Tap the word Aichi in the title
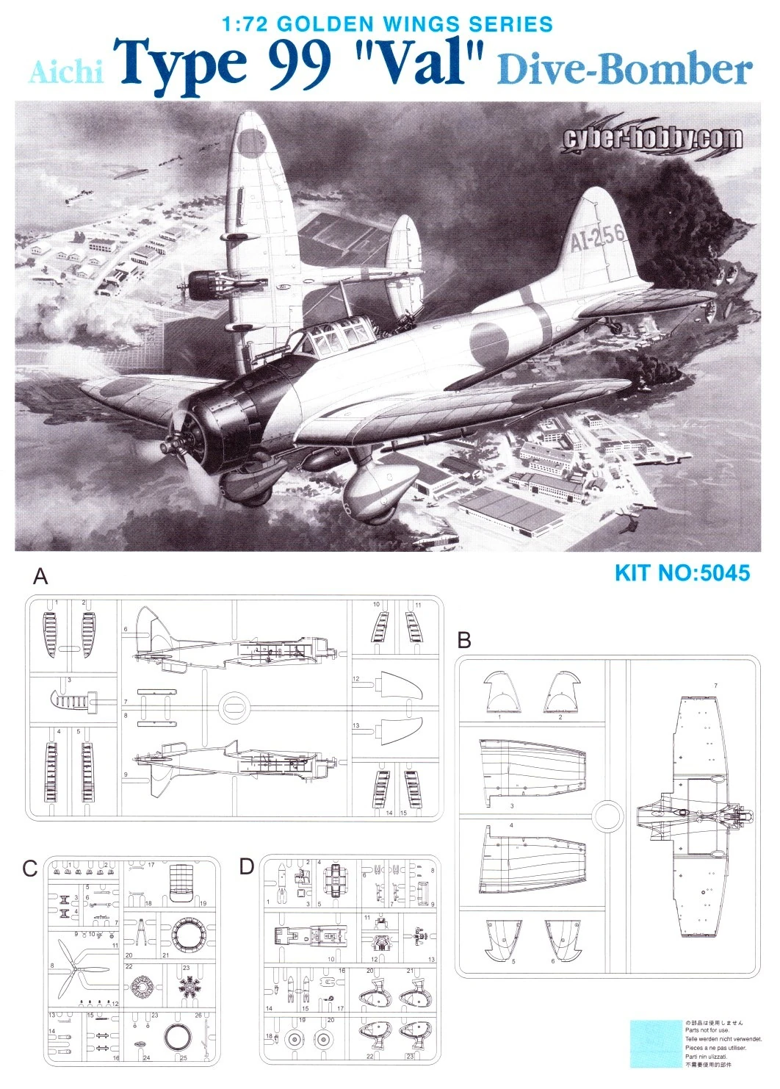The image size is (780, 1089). [66, 72]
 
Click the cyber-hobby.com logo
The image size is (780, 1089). [652, 138]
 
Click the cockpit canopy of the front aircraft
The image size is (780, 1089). [334, 339]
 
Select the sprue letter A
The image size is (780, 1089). [41, 576]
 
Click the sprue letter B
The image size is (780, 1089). [464, 639]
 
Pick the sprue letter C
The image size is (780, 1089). [29, 868]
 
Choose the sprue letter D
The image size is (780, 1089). [247, 866]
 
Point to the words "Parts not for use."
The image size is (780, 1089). [708, 1030]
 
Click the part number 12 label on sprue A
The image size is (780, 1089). [356, 679]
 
